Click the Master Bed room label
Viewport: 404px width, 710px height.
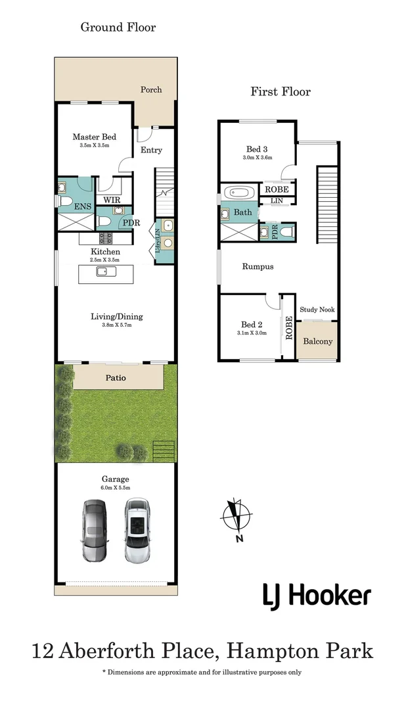click(94, 137)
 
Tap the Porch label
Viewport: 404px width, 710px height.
click(151, 89)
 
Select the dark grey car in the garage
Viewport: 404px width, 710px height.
click(95, 531)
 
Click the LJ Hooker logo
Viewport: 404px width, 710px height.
click(317, 597)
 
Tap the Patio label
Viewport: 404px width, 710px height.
click(116, 377)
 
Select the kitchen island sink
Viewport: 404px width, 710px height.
click(106, 272)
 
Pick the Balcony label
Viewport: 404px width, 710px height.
click(317, 341)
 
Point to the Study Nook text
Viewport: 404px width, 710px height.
click(317, 310)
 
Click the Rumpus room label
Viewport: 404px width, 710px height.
click(258, 267)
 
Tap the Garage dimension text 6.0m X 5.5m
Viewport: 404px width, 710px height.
click(116, 488)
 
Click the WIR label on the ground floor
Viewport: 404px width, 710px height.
click(111, 200)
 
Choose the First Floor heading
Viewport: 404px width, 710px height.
click(281, 92)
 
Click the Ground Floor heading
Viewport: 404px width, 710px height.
click(118, 27)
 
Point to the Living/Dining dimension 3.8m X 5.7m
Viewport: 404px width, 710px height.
click(116, 325)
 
